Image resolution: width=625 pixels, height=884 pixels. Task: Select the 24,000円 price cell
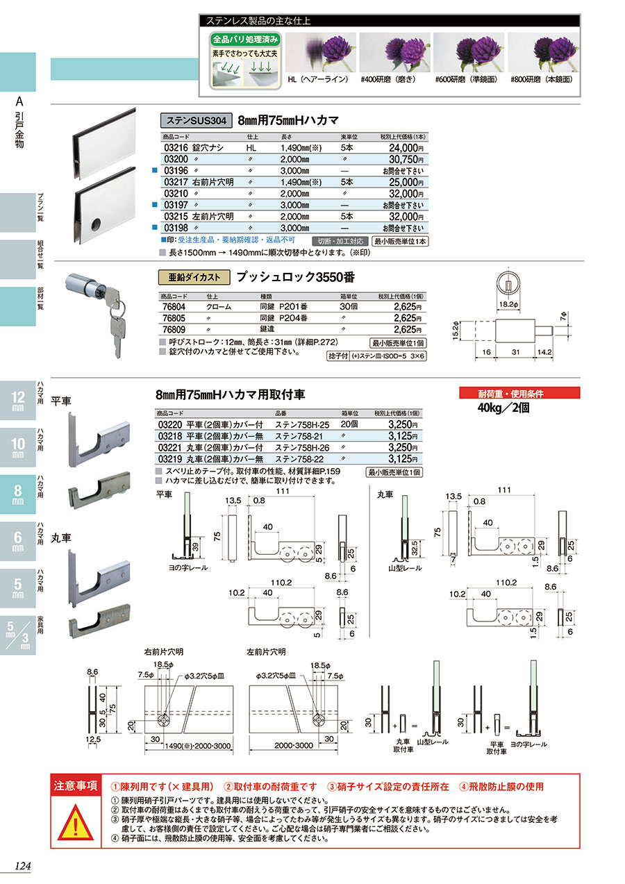pos(402,148)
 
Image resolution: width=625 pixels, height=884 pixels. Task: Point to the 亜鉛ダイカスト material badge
pos(195,276)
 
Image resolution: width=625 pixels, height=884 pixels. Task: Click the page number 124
pos(23,866)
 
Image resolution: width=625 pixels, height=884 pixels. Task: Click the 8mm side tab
pos(17,496)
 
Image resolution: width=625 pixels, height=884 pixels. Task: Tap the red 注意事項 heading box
pos(76,786)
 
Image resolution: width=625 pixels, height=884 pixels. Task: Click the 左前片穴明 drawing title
pos(266,652)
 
